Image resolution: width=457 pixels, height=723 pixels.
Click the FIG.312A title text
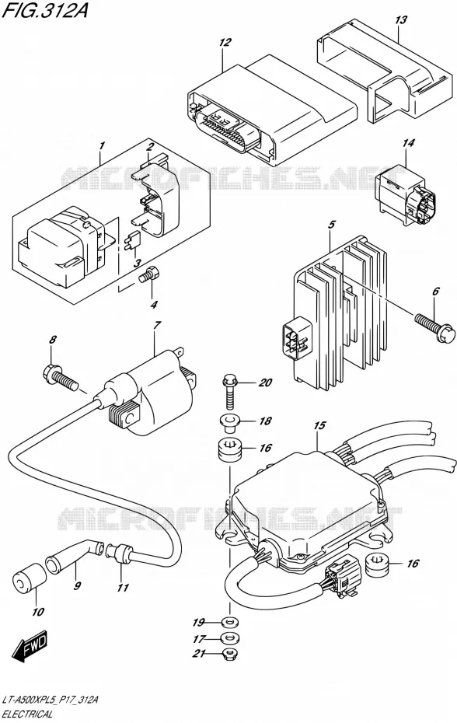(45, 10)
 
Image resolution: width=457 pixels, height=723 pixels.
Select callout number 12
(225, 43)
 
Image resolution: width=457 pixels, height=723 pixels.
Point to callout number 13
(401, 20)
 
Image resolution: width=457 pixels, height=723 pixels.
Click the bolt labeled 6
(436, 328)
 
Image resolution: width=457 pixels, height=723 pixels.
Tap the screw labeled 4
(150, 274)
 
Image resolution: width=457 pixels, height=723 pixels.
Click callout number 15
(319, 425)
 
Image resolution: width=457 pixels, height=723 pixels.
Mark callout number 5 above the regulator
(332, 225)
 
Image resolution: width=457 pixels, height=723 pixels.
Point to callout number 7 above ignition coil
(156, 325)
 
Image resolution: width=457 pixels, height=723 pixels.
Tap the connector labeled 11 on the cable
(120, 553)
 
